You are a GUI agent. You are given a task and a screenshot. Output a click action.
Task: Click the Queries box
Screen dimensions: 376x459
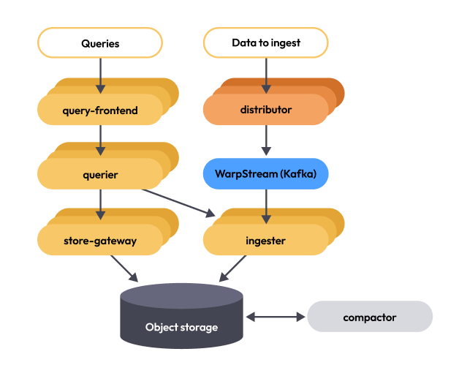[100, 43]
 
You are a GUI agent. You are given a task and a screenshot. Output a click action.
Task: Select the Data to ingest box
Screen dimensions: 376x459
[265, 43]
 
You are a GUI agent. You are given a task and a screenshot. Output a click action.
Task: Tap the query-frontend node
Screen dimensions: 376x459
[100, 110]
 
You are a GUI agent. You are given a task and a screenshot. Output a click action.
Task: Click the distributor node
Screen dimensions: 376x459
[265, 110]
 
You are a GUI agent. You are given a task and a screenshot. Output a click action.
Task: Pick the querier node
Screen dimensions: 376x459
[100, 175]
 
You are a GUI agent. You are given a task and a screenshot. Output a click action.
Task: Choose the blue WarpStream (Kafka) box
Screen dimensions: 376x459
[265, 175]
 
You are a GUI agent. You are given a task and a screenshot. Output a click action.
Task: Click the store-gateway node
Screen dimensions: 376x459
[100, 241]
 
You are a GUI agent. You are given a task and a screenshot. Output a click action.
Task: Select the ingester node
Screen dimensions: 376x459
[265, 241]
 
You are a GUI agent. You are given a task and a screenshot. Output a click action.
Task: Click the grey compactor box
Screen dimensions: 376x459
[370, 317]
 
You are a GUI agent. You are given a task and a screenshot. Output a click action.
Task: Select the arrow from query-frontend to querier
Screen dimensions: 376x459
[100, 138]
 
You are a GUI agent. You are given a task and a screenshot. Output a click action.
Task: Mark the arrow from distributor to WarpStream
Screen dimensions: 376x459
[265, 140]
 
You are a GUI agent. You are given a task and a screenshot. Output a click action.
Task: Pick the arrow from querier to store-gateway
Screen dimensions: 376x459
[100, 204]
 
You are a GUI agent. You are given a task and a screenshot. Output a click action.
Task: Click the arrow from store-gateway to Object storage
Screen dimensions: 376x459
[125, 269]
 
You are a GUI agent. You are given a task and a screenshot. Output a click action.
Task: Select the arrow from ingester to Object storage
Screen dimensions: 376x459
[233, 269]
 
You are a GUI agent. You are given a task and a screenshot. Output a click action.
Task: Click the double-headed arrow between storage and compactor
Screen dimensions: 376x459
[276, 317]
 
